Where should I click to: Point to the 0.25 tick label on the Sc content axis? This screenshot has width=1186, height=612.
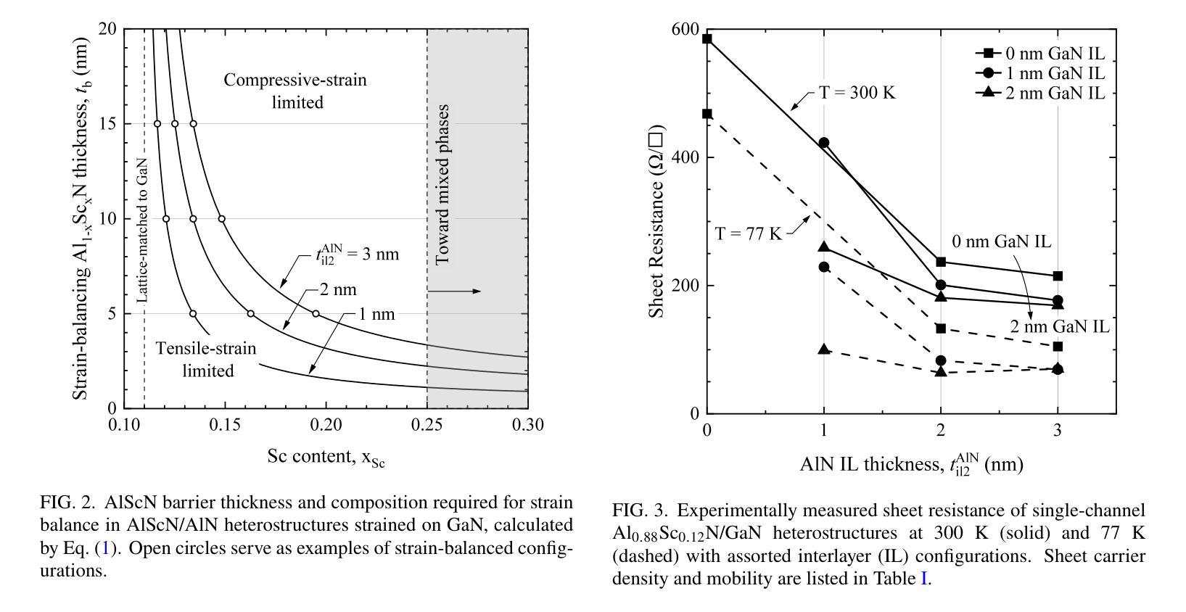[x=427, y=425]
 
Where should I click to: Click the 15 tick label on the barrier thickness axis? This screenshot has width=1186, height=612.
[x=107, y=124]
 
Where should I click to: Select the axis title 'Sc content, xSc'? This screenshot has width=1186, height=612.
[x=326, y=457]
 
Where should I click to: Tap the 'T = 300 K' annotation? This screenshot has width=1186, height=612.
[x=852, y=93]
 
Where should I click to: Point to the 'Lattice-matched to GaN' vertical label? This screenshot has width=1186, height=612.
[x=142, y=231]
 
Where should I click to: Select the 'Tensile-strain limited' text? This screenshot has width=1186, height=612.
[x=207, y=360]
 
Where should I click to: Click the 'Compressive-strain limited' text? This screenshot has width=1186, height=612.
[x=295, y=91]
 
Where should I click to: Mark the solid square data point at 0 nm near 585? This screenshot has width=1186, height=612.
[x=707, y=39]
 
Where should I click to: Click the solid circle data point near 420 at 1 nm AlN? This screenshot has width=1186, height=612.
[x=823, y=144]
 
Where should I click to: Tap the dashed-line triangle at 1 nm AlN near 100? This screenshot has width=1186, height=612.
[x=823, y=350]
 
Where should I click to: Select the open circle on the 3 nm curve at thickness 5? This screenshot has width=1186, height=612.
[x=316, y=313]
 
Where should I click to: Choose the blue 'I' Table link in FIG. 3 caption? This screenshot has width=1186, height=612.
[x=924, y=579]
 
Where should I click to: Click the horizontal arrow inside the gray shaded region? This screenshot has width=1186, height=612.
[x=454, y=291]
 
